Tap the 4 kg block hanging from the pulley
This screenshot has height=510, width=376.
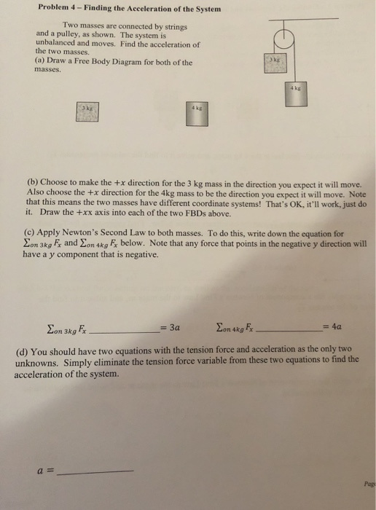point(295,96)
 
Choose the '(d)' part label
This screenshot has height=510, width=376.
point(23,348)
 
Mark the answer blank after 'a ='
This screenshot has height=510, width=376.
point(95,471)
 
